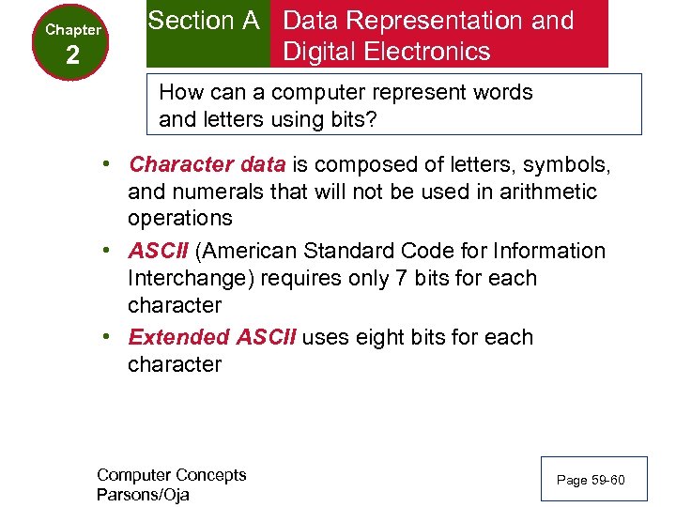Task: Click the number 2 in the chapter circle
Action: point(73,57)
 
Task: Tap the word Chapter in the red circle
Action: point(73,30)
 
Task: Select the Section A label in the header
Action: point(204,21)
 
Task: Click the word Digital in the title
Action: point(318,51)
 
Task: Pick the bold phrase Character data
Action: point(207,165)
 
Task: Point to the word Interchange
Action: point(193,279)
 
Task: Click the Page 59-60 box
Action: point(590,481)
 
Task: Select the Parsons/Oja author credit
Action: point(143,495)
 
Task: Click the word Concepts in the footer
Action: point(207,475)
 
